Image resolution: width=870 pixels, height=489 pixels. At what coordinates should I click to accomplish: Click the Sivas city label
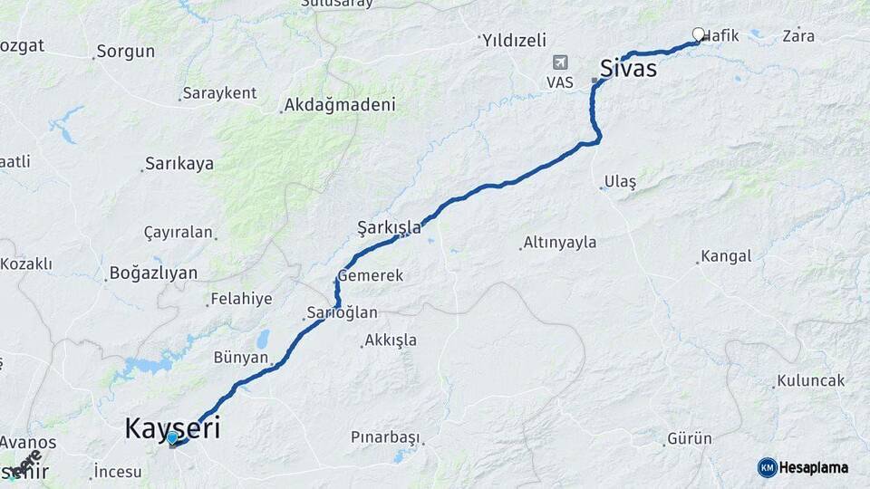pos(628,68)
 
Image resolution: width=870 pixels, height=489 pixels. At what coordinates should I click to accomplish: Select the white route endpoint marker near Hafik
pos(699,34)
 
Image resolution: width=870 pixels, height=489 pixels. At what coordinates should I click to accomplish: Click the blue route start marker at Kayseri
pos(172,438)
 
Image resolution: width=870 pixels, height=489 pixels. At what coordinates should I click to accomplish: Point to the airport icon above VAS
pos(560,62)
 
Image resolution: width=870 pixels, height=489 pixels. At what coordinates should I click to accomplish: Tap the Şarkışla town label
pos(389,227)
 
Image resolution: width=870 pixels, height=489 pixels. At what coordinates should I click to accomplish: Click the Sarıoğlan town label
pos(342,312)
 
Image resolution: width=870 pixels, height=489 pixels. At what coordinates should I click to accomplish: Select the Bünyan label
pos(241,357)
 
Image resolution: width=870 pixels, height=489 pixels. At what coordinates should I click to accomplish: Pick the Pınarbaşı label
pos(385,437)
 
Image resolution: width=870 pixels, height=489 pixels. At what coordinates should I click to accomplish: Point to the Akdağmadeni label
pos(340,105)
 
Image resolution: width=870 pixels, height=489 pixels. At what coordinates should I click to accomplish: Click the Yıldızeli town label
pos(515,40)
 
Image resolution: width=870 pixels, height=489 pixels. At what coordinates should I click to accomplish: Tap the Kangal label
pos(726,256)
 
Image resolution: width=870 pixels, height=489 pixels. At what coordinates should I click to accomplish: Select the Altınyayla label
pos(560,243)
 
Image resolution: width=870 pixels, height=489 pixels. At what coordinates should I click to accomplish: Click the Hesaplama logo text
pos(814,467)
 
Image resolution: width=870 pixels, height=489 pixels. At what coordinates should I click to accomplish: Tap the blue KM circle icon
pos(767,467)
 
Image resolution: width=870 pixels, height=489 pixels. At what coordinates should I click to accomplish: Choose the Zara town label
pos(797,36)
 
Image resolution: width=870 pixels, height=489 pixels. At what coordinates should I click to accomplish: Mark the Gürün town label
pos(689,438)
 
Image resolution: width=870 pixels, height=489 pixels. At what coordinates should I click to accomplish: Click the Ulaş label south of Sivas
pos(621,182)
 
